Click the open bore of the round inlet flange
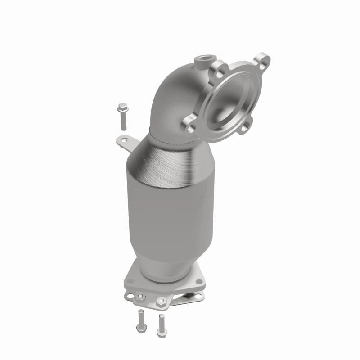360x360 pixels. click(x=226, y=100)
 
